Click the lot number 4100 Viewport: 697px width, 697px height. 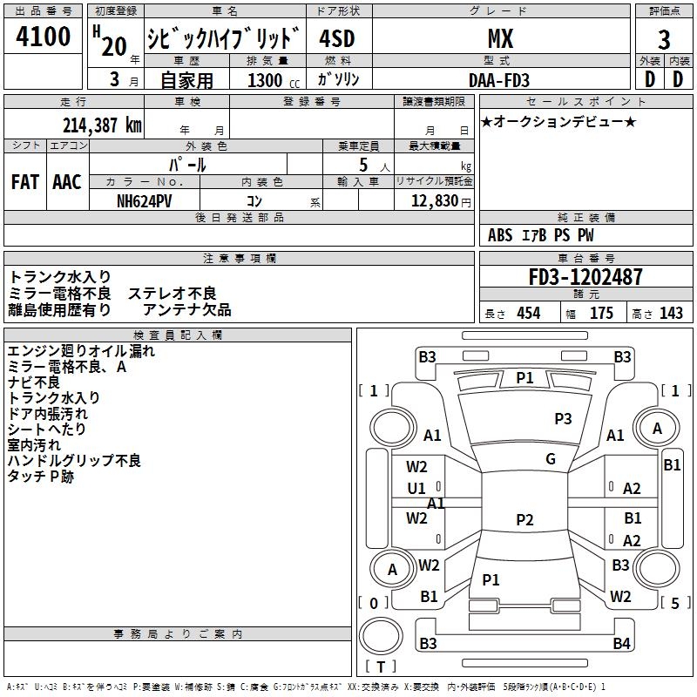(x=44, y=37)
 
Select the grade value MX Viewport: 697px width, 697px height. (x=499, y=38)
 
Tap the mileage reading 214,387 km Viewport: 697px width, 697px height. (x=101, y=125)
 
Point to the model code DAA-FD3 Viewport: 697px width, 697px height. (x=499, y=80)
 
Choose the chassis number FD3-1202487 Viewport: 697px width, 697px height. (x=585, y=277)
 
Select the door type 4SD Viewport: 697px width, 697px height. (x=337, y=38)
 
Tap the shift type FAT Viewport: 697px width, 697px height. (x=24, y=181)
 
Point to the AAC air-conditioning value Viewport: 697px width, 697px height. (x=66, y=181)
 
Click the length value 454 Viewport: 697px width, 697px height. (x=528, y=314)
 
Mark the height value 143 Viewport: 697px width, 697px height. (x=671, y=314)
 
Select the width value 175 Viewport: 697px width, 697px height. (x=601, y=314)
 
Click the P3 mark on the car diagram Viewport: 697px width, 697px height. (x=563, y=419)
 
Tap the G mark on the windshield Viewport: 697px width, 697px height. (x=551, y=459)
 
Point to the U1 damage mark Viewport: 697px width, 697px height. (x=416, y=489)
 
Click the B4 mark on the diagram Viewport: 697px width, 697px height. (x=620, y=644)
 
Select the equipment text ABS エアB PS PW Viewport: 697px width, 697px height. (x=541, y=235)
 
